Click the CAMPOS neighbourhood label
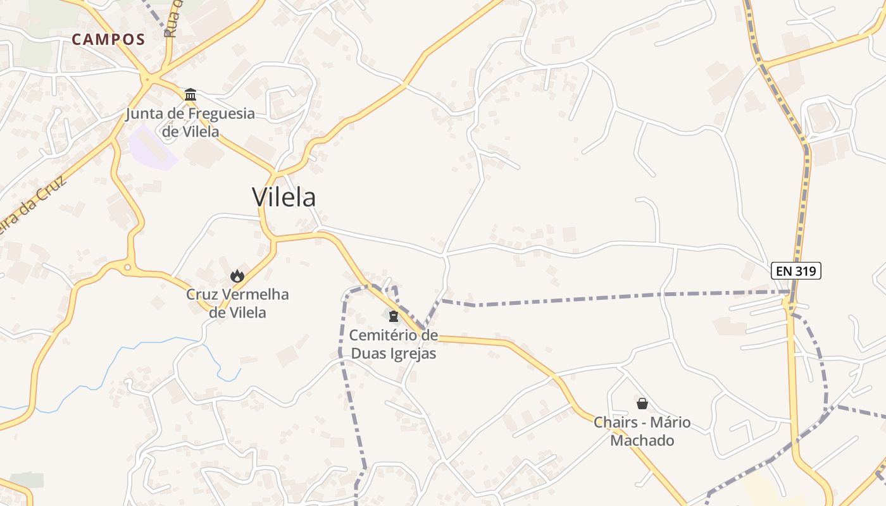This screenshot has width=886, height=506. click(x=108, y=39)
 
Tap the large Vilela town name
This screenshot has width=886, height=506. click(x=284, y=197)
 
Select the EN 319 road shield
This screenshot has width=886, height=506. click(x=796, y=271)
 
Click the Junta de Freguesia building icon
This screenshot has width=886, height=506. click(x=190, y=95)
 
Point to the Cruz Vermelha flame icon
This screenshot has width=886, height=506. click(x=237, y=276)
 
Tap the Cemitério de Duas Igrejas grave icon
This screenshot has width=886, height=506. click(x=394, y=316)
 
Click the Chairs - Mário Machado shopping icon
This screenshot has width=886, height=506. click(x=642, y=404)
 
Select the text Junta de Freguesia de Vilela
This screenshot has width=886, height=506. click(x=190, y=123)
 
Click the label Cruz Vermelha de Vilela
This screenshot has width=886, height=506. click(x=237, y=303)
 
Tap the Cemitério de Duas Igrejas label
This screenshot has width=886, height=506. click(x=393, y=343)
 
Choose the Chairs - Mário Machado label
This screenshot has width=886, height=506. click(x=642, y=431)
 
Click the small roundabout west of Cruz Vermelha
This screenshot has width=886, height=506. click(x=127, y=268)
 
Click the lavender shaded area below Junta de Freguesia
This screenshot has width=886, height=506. click(x=152, y=149)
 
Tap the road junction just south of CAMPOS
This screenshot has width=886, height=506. click(x=147, y=80)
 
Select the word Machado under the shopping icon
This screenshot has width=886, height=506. click(x=642, y=440)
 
